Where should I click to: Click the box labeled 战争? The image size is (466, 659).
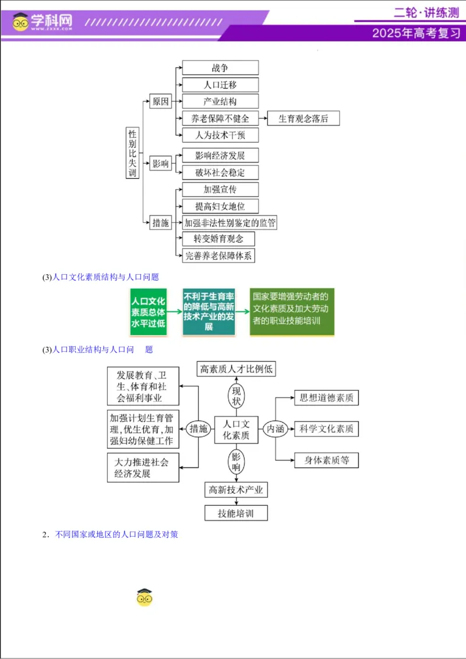click(x=220, y=68)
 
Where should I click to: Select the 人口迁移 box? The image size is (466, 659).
click(x=220, y=85)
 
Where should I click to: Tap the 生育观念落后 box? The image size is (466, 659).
click(x=303, y=119)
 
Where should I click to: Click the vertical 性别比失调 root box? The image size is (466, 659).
click(x=133, y=153)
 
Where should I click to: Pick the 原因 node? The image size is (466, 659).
click(x=160, y=101)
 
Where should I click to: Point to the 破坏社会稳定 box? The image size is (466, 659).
click(x=220, y=172)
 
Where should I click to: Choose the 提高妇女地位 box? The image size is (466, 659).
click(x=220, y=206)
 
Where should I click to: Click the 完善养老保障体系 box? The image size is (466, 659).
click(x=218, y=255)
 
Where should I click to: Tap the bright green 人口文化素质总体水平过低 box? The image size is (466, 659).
click(x=148, y=312)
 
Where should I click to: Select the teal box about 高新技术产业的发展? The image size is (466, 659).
click(x=209, y=311)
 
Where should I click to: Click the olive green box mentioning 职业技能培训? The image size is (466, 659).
click(x=292, y=311)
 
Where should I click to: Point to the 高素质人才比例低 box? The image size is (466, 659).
click(x=236, y=369)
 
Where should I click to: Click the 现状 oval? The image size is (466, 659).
click(x=236, y=395)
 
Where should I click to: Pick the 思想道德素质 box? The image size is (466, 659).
click(x=326, y=398)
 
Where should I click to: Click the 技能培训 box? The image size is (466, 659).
click(x=236, y=513)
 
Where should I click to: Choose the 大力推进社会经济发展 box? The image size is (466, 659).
click(x=143, y=468)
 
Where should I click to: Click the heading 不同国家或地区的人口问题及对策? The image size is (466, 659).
click(x=116, y=534)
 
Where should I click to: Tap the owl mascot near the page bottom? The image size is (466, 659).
click(x=144, y=597)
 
